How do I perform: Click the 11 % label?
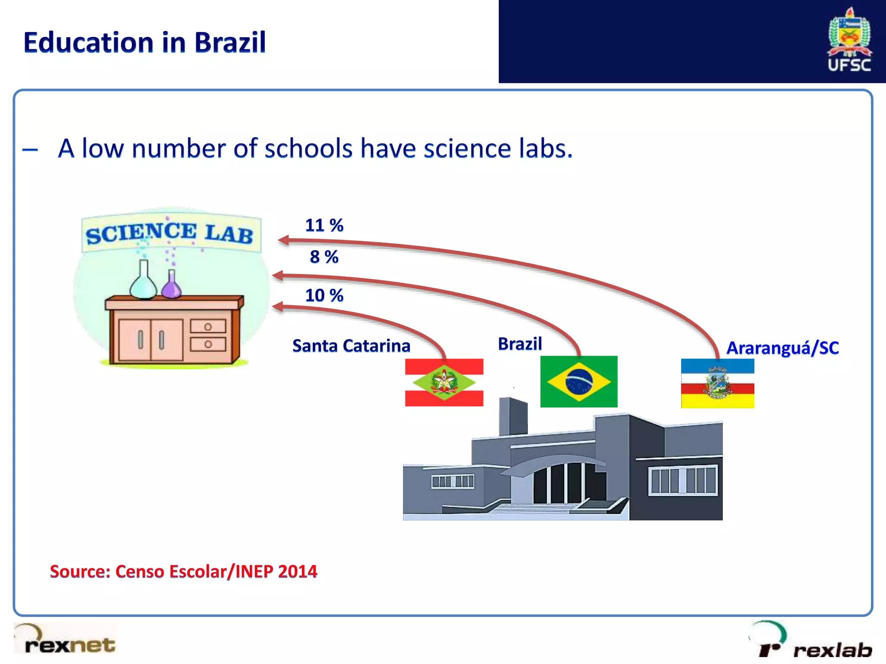tap(324, 225)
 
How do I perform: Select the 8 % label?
tap(324, 257)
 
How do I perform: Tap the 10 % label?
tap(324, 295)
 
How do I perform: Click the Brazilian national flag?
tap(578, 381)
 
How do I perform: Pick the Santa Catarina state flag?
tap(444, 382)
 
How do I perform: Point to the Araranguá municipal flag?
tap(717, 383)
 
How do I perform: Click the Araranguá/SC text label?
tap(782, 348)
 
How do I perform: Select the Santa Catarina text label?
tap(351, 346)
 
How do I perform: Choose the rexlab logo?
tap(813, 642)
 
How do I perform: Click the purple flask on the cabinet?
tap(171, 286)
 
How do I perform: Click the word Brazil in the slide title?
tap(230, 43)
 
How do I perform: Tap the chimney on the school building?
tap(513, 417)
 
